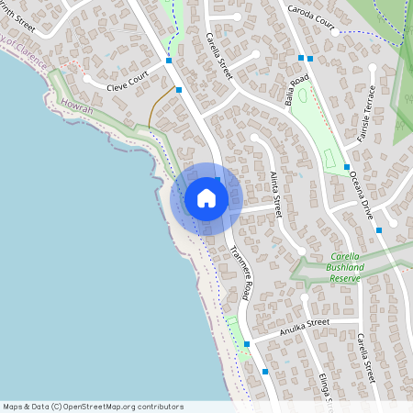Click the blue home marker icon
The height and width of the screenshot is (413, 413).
click(206, 198)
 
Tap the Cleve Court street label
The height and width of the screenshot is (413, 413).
click(128, 87)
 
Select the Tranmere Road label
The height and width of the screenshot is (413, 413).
click(240, 274)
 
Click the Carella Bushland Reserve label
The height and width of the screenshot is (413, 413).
click(335, 266)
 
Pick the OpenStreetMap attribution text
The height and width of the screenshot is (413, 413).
click(93, 407)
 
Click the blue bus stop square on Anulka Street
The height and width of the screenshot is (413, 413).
click(246, 344)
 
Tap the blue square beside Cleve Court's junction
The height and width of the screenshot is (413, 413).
click(179, 90)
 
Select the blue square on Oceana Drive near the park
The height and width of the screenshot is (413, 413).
click(347, 167)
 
